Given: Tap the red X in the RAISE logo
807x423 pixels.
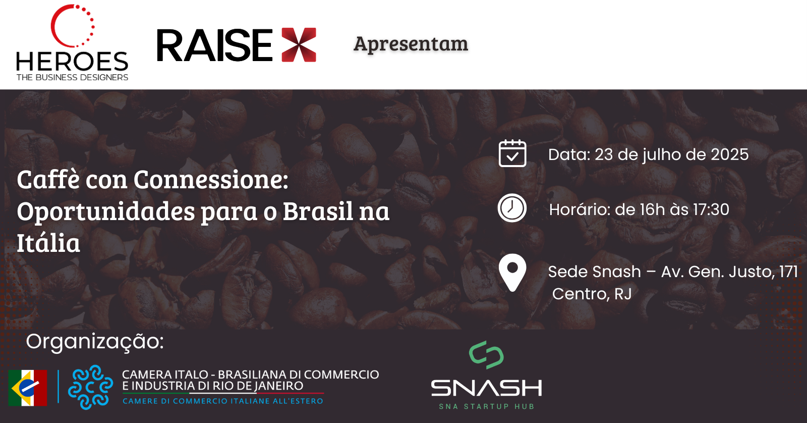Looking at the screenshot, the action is [x=299, y=45].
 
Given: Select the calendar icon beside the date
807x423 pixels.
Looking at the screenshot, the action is [x=512, y=153].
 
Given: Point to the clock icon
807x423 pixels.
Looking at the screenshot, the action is [x=512, y=208].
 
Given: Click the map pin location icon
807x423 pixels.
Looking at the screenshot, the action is [x=512, y=272].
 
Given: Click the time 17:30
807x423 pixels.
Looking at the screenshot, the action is [x=711, y=209].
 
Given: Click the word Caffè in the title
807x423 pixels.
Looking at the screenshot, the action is [x=48, y=179].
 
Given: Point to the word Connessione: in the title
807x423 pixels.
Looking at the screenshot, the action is [x=211, y=180].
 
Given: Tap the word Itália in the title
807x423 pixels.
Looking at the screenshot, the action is [x=48, y=243].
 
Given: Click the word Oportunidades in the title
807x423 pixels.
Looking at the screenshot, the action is [x=106, y=211].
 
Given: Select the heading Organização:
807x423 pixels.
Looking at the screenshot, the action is [x=95, y=342].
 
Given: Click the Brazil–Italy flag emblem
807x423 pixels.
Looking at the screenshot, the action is [x=28, y=388].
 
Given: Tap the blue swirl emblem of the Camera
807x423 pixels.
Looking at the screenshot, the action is [x=90, y=387].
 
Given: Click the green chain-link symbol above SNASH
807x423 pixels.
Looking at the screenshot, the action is [x=486, y=355].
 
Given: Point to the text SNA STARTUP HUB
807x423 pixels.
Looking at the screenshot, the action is [x=486, y=406].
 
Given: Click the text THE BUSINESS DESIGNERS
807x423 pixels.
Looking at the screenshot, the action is [x=73, y=77].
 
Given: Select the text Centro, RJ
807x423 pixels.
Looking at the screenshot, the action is [x=592, y=294].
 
